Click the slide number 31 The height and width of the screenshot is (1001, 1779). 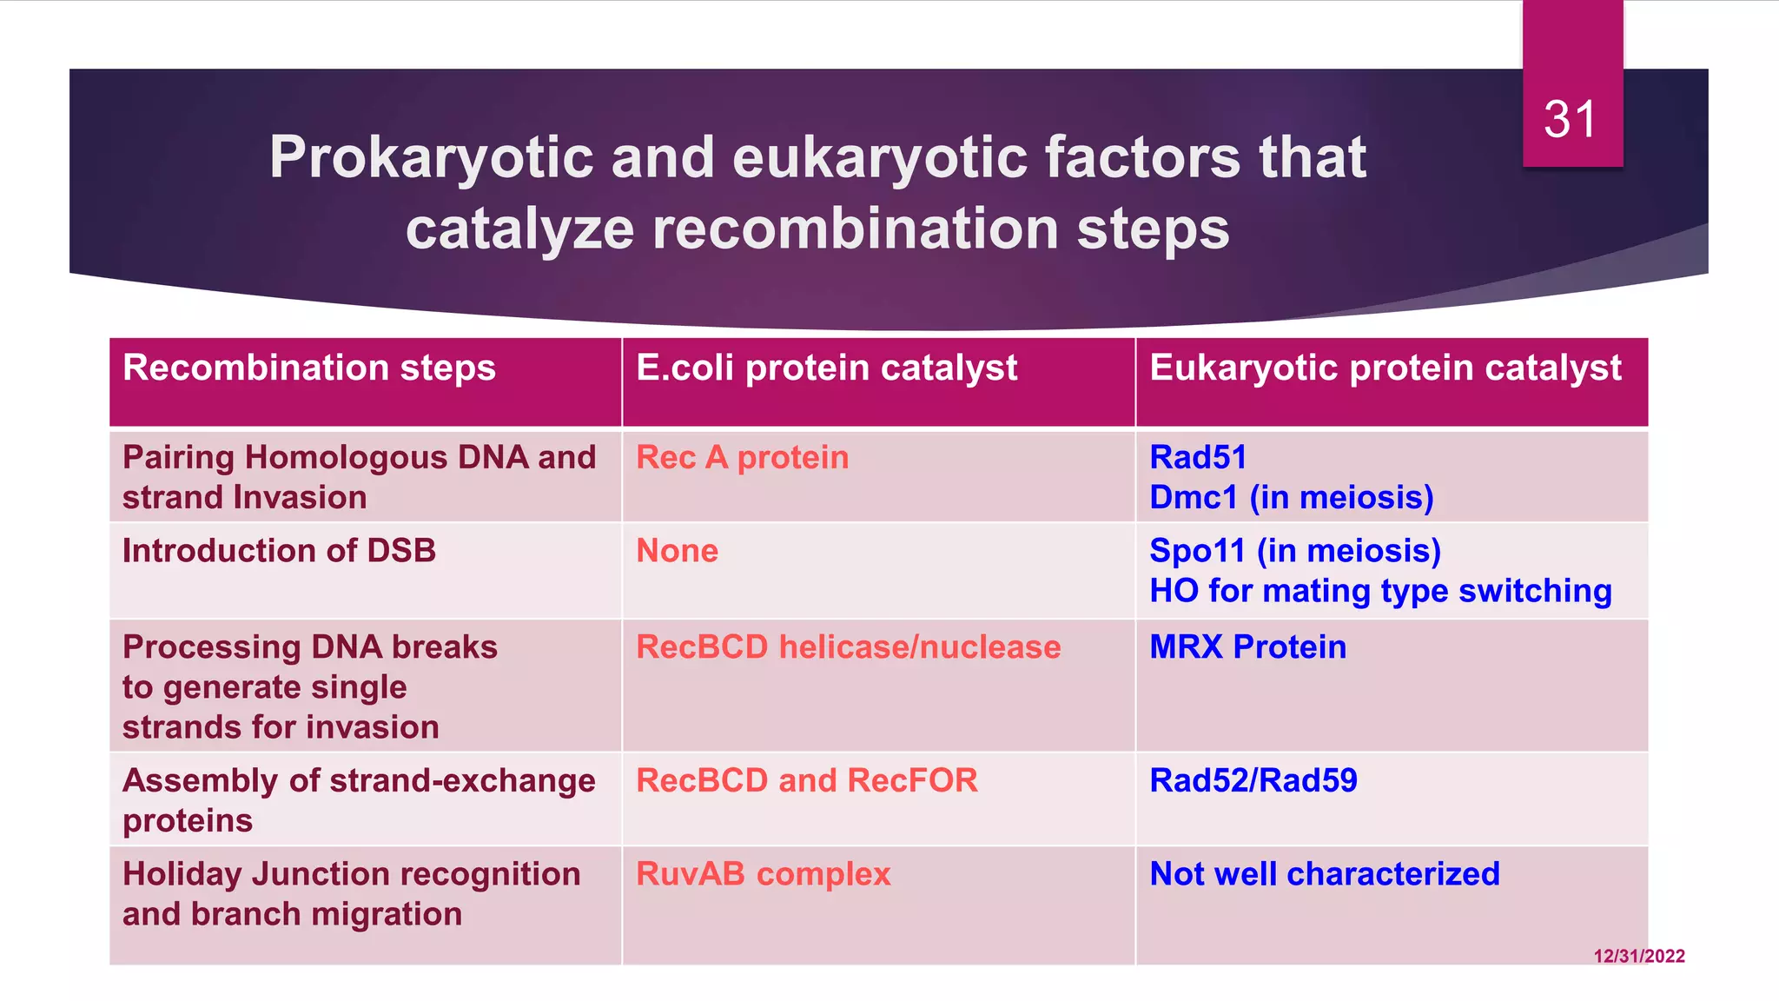click(1570, 119)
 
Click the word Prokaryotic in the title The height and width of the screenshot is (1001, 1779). click(432, 158)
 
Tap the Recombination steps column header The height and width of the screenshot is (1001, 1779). click(309, 368)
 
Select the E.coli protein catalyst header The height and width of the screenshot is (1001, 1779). click(826, 368)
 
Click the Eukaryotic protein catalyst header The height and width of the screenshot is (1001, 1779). click(1385, 368)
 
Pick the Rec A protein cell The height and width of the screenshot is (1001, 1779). click(742, 458)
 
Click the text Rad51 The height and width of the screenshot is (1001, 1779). click(1197, 457)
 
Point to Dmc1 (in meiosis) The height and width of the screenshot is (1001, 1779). click(1291, 498)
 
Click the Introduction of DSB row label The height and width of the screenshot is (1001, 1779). click(279, 551)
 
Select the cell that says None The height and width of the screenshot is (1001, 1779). click(677, 551)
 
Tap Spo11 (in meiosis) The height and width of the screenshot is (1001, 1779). click(1294, 551)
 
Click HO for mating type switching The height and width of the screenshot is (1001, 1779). click(1380, 591)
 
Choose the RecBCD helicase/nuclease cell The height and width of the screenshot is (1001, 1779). click(848, 647)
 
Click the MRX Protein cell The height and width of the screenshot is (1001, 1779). click(1247, 647)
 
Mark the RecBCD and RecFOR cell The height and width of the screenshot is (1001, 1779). click(806, 780)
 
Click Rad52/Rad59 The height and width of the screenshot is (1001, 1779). click(1253, 780)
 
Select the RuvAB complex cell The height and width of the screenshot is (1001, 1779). click(763, 874)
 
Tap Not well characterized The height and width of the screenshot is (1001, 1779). click(1324, 874)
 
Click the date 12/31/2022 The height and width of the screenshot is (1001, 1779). click(1638, 956)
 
